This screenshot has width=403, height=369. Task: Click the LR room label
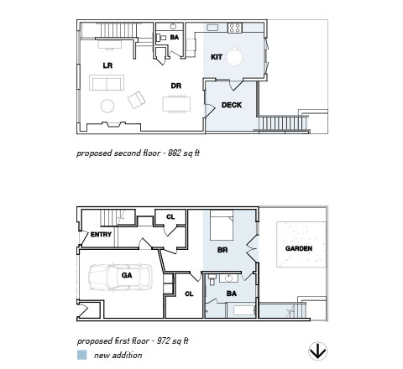tap(107, 65)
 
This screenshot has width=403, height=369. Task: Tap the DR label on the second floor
tap(176, 86)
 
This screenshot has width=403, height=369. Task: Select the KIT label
tap(217, 57)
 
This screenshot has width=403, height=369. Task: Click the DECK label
tap(232, 105)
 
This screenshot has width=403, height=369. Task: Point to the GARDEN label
tap(299, 248)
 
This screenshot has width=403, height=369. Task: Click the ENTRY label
tap(101, 234)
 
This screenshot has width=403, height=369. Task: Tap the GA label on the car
tap(127, 275)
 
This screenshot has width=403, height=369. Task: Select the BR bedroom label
tap(222, 250)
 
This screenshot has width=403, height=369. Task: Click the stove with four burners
tap(234, 28)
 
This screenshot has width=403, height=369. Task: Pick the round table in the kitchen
tap(234, 57)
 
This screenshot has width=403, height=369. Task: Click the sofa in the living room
tap(107, 82)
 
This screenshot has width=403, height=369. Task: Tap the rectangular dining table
tap(176, 104)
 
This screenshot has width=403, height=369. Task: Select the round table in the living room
tap(107, 107)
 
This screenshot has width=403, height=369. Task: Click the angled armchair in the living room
tap(137, 100)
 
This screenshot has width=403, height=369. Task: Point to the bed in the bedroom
tap(222, 225)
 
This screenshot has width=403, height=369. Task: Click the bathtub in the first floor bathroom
tap(244, 310)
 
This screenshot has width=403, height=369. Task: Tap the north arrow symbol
tap(317, 351)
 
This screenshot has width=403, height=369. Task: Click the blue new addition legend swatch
tap(82, 355)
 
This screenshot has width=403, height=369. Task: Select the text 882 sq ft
tap(184, 153)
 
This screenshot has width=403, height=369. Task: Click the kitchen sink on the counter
tap(212, 28)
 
